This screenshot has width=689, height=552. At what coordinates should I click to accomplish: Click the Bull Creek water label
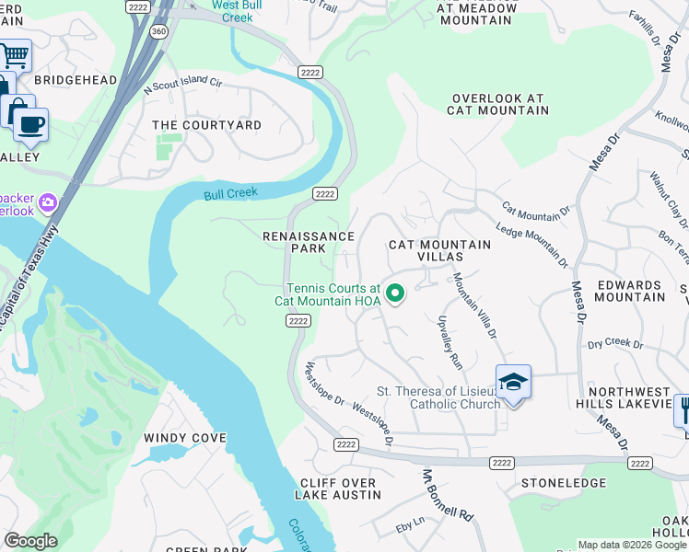click(229, 193)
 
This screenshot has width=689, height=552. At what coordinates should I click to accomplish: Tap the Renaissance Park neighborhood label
click(309, 242)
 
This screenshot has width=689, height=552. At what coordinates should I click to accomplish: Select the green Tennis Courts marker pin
click(395, 293)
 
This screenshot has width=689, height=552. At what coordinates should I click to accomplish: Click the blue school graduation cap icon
click(513, 381)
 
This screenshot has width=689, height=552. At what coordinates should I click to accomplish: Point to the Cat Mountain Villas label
click(439, 250)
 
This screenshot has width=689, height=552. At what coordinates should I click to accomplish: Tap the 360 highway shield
click(158, 31)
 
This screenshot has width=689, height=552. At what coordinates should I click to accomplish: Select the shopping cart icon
click(15, 56)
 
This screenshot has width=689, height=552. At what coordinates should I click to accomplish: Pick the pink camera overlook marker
click(47, 201)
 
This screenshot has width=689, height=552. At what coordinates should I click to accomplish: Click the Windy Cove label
click(184, 438)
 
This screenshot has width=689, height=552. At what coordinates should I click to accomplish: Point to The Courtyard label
click(206, 125)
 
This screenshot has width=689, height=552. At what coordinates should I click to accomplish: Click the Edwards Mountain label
click(631, 291)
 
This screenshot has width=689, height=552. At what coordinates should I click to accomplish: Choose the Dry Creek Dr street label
click(614, 343)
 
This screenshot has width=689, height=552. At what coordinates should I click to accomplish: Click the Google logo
click(30, 541)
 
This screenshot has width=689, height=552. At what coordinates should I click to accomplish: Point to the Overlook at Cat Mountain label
click(497, 104)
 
